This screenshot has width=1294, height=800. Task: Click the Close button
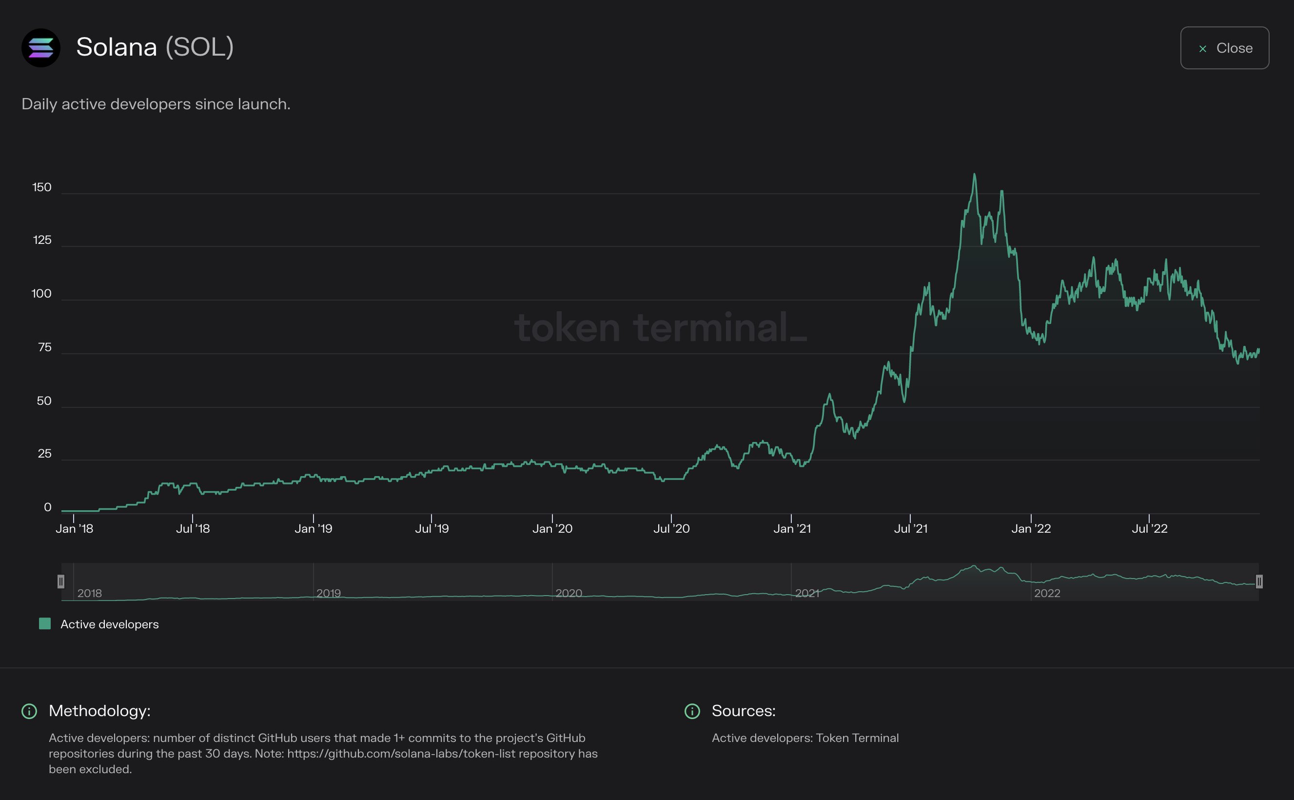[x=1224, y=48]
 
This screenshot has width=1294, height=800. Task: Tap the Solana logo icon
[x=41, y=48]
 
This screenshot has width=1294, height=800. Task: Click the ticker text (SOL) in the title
[x=199, y=47]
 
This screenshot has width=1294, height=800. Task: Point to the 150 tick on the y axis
[x=42, y=187]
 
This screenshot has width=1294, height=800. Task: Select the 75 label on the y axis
[x=44, y=348]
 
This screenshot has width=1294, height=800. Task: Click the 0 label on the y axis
[x=48, y=507]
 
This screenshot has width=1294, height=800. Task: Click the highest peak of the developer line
[x=974, y=175]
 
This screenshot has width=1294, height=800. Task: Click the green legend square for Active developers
[x=45, y=624]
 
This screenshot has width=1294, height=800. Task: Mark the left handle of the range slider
[x=61, y=581]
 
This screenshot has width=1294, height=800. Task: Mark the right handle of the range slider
[x=1259, y=581]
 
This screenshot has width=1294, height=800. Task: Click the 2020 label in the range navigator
[x=569, y=593]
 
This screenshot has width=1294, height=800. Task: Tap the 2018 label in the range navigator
[x=89, y=593]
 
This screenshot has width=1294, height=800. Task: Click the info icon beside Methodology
[x=29, y=711]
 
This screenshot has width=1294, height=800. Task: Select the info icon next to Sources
[x=692, y=711]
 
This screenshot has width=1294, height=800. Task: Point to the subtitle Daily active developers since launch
[x=156, y=104]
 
